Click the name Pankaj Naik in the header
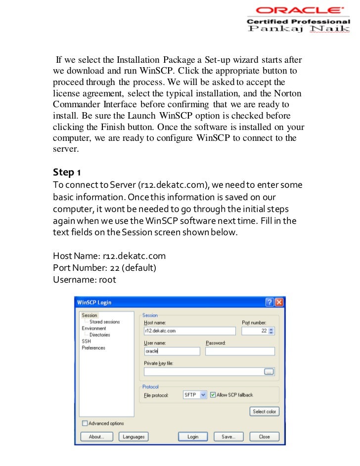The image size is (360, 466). coord(298,30)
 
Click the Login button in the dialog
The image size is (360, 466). coord(193,437)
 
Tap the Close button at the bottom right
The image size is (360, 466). coord(264,437)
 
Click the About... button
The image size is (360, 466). coord(96,437)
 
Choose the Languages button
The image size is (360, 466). coord(134,437)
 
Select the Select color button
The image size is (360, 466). coord(265,411)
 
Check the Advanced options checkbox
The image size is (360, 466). coord(85,424)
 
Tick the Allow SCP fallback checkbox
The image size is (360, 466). coord(213,395)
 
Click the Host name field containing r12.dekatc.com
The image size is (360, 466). coord(189,331)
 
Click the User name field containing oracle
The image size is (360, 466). coord(172,351)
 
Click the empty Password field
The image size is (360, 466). coord(239,351)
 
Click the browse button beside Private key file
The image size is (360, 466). coord(269,372)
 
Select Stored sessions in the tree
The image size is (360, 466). coord(104,322)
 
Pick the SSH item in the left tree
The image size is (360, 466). coord(86,341)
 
